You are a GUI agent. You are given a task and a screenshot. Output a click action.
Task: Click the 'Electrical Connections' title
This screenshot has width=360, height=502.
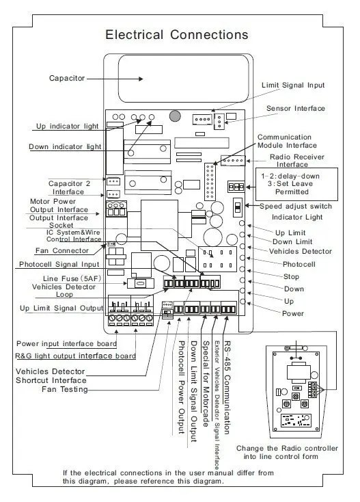pos(177,35)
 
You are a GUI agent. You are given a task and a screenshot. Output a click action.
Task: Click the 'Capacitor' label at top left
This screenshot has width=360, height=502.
pos(67,78)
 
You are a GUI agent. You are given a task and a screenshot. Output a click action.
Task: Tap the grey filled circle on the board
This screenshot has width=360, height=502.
pos(175,116)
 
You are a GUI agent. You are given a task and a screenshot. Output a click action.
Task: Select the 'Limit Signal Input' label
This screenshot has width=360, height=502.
pos(293,85)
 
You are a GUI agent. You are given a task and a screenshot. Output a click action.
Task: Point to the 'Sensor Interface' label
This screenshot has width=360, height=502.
pos(295,109)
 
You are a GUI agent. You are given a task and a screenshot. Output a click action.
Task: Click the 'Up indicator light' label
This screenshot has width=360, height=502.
pos(67,126)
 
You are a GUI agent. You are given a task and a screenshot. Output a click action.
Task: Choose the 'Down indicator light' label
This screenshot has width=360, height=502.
pos(65,146)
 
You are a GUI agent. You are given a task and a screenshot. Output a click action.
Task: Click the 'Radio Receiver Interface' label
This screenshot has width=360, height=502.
pos(296,161)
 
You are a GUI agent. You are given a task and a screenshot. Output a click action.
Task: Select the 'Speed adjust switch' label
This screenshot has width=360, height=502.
pos(295,206)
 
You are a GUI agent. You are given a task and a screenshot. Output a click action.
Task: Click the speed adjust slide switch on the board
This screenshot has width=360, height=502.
pos(237,207)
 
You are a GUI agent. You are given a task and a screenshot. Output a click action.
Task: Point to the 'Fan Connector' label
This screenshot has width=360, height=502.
pos(61,251)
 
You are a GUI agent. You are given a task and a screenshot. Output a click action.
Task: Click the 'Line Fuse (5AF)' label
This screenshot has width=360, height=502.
pos(72,278)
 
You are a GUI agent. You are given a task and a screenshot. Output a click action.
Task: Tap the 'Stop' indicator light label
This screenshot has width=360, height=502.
pos(291,276)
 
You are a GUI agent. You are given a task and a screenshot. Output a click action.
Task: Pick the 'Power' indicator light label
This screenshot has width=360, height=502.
pos(293,313)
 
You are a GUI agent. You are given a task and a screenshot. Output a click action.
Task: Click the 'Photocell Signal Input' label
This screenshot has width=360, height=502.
pos(59,265)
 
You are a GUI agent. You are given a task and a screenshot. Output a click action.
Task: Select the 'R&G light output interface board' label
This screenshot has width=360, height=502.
pos(75,356)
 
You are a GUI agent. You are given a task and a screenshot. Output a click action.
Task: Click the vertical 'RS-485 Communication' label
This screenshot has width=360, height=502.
pos(227,387)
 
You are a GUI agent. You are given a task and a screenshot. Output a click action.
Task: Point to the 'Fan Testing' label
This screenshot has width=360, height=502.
pos(65,389)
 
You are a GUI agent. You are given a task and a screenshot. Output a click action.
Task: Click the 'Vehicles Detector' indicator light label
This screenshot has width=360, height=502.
pos(300,251)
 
